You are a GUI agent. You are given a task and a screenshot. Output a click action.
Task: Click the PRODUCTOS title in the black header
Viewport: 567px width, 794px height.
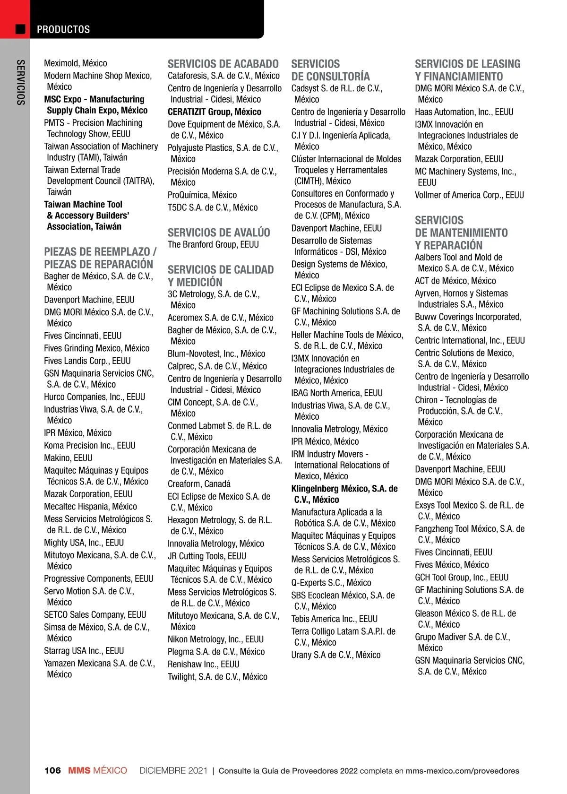63,29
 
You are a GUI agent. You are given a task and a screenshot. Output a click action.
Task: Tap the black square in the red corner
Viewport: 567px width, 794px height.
20,29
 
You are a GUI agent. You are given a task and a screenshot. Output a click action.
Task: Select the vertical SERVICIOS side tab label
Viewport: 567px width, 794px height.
20,82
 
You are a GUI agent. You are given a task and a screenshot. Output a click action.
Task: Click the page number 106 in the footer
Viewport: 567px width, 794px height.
52,770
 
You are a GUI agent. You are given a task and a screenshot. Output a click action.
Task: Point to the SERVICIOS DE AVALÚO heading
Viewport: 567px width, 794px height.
219,233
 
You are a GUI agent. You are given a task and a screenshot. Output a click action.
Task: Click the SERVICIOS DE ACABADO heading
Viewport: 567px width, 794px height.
223,64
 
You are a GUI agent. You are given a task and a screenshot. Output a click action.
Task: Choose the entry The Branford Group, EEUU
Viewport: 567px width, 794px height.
213,244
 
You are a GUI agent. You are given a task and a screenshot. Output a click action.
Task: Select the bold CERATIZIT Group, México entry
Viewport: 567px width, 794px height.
215,112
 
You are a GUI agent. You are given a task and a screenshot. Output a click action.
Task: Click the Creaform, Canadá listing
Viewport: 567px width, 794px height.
199,484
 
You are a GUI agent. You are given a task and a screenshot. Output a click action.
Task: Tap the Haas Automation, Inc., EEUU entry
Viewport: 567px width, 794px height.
464,112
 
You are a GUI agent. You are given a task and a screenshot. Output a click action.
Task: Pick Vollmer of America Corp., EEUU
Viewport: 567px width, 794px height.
469,195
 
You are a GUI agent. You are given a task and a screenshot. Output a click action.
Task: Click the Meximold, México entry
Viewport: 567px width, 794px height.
76,63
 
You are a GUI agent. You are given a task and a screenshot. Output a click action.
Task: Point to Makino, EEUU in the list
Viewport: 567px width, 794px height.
68,458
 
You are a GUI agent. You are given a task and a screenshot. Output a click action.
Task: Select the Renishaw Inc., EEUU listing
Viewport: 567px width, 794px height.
203,664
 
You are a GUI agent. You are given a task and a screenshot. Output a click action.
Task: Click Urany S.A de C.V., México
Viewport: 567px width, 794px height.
335,655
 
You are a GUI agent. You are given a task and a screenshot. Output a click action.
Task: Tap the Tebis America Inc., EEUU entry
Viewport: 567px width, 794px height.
334,619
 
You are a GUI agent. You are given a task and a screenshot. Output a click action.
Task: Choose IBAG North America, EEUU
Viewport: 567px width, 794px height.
337,393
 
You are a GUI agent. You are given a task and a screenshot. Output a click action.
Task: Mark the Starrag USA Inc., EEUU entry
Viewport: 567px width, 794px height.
84,651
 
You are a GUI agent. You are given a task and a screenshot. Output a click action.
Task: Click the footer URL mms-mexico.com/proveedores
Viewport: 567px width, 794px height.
462,771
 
